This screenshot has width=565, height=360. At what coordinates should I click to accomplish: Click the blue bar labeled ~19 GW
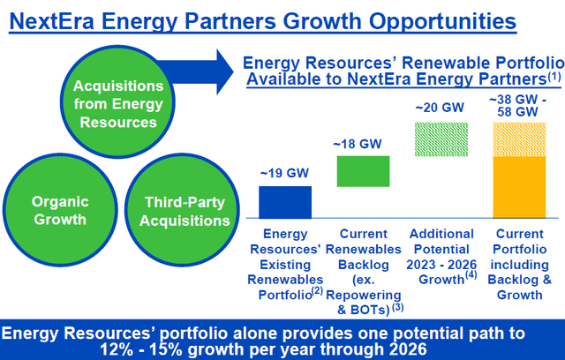pyautogui.click(x=284, y=201)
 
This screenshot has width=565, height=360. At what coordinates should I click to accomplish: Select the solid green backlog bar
pyautogui.click(x=364, y=170)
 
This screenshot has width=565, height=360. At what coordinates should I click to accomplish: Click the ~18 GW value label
pyautogui.click(x=364, y=144)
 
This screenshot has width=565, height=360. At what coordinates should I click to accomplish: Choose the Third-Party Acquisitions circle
pyautogui.click(x=184, y=210)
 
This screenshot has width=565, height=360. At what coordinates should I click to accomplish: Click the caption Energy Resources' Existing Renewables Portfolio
pyautogui.click(x=284, y=263)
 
